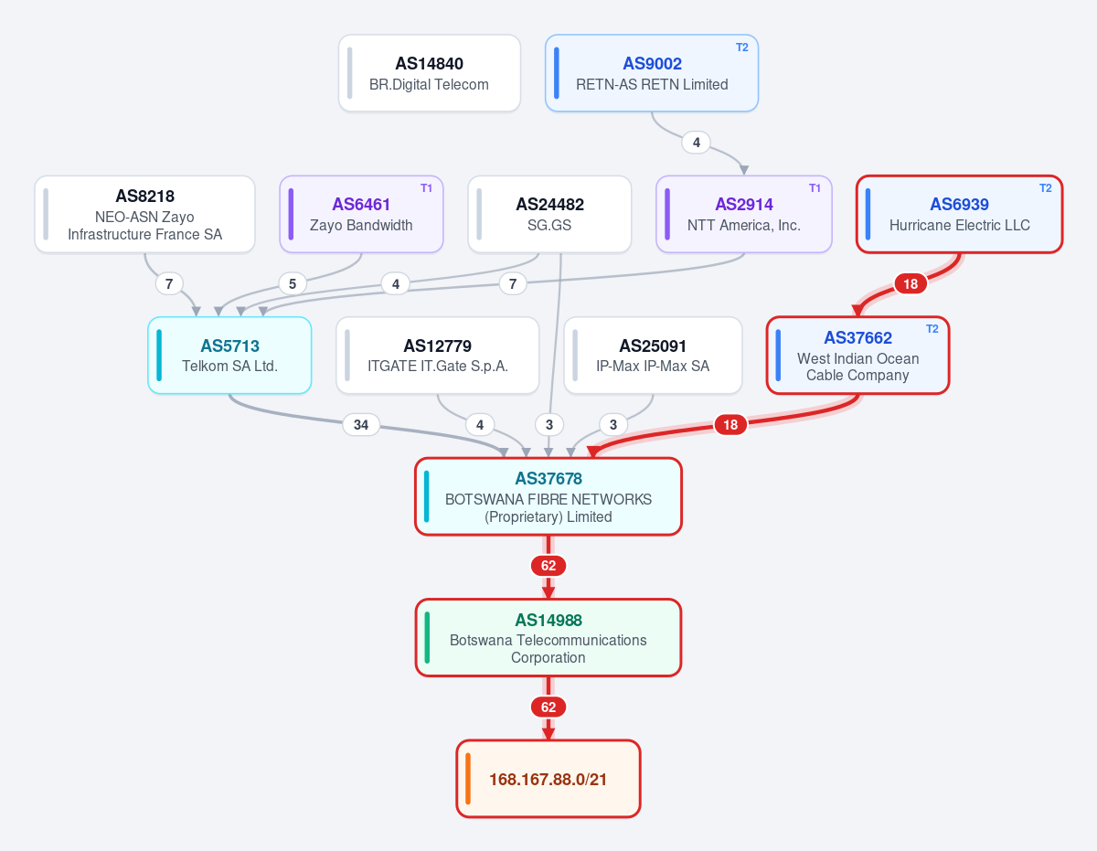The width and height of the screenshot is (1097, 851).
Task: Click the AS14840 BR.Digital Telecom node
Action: (429, 73)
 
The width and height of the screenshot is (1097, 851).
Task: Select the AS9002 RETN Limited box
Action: (651, 73)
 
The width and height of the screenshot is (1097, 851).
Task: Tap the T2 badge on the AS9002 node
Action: (741, 48)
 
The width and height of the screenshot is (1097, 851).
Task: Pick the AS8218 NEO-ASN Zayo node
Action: (144, 214)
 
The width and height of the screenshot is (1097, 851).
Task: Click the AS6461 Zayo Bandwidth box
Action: (361, 214)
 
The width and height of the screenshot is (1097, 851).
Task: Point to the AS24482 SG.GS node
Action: (549, 214)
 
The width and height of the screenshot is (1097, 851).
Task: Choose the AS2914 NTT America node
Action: (743, 214)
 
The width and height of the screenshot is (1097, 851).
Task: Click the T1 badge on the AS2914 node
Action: (815, 188)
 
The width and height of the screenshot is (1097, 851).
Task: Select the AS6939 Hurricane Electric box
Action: (959, 214)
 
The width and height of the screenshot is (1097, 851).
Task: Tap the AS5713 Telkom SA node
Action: (229, 356)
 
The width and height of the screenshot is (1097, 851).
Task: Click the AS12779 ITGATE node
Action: (438, 356)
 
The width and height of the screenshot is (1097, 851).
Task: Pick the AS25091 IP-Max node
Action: (653, 356)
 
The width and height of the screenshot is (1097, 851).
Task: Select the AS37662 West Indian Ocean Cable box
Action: (857, 356)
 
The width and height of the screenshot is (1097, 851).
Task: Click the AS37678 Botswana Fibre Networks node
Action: (548, 496)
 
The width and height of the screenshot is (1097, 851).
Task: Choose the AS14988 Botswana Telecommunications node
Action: (548, 637)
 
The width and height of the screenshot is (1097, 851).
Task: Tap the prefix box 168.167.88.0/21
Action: (548, 779)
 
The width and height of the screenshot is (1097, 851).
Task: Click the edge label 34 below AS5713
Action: (361, 425)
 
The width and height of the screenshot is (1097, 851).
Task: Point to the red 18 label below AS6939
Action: (911, 284)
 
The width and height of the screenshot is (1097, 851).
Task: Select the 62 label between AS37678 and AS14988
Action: (548, 566)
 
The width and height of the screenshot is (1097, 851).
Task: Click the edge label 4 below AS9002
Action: (697, 143)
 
